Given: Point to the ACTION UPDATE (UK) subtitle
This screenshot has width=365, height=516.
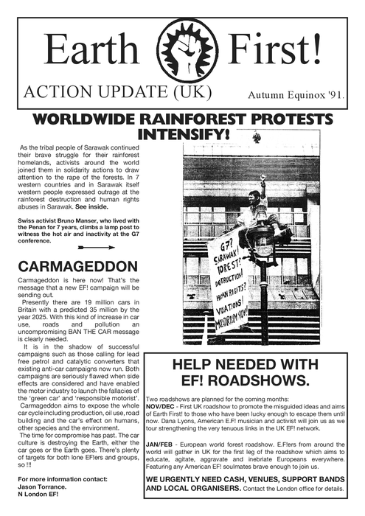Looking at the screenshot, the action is point(118,93).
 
